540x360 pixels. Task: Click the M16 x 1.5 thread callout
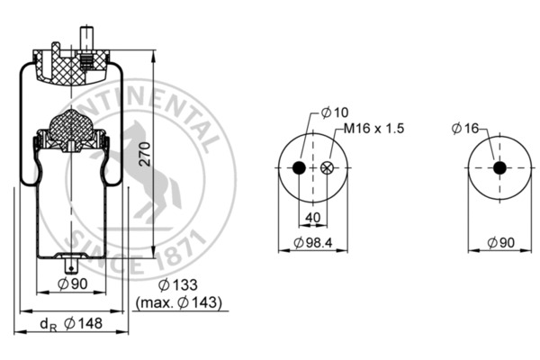[372, 129]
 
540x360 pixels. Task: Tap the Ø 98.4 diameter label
[316, 243]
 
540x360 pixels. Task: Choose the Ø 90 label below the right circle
[502, 243]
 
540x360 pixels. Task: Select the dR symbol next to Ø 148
[46, 325]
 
